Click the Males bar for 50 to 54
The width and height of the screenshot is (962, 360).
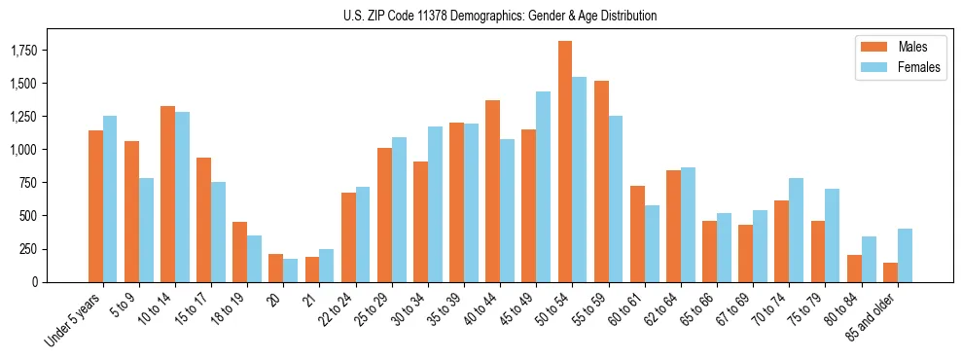(x=565, y=162)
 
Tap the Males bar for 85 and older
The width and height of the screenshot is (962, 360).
(x=890, y=272)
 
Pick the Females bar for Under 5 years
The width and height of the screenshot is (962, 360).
(x=110, y=198)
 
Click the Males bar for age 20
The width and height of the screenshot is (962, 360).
(x=275, y=268)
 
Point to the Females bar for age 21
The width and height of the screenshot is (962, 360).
(x=327, y=266)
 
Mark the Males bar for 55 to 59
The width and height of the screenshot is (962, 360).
(x=601, y=181)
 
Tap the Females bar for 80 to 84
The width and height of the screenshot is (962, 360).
(x=868, y=259)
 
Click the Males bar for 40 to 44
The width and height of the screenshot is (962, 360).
(x=493, y=191)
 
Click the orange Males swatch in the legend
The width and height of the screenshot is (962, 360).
(x=869, y=47)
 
